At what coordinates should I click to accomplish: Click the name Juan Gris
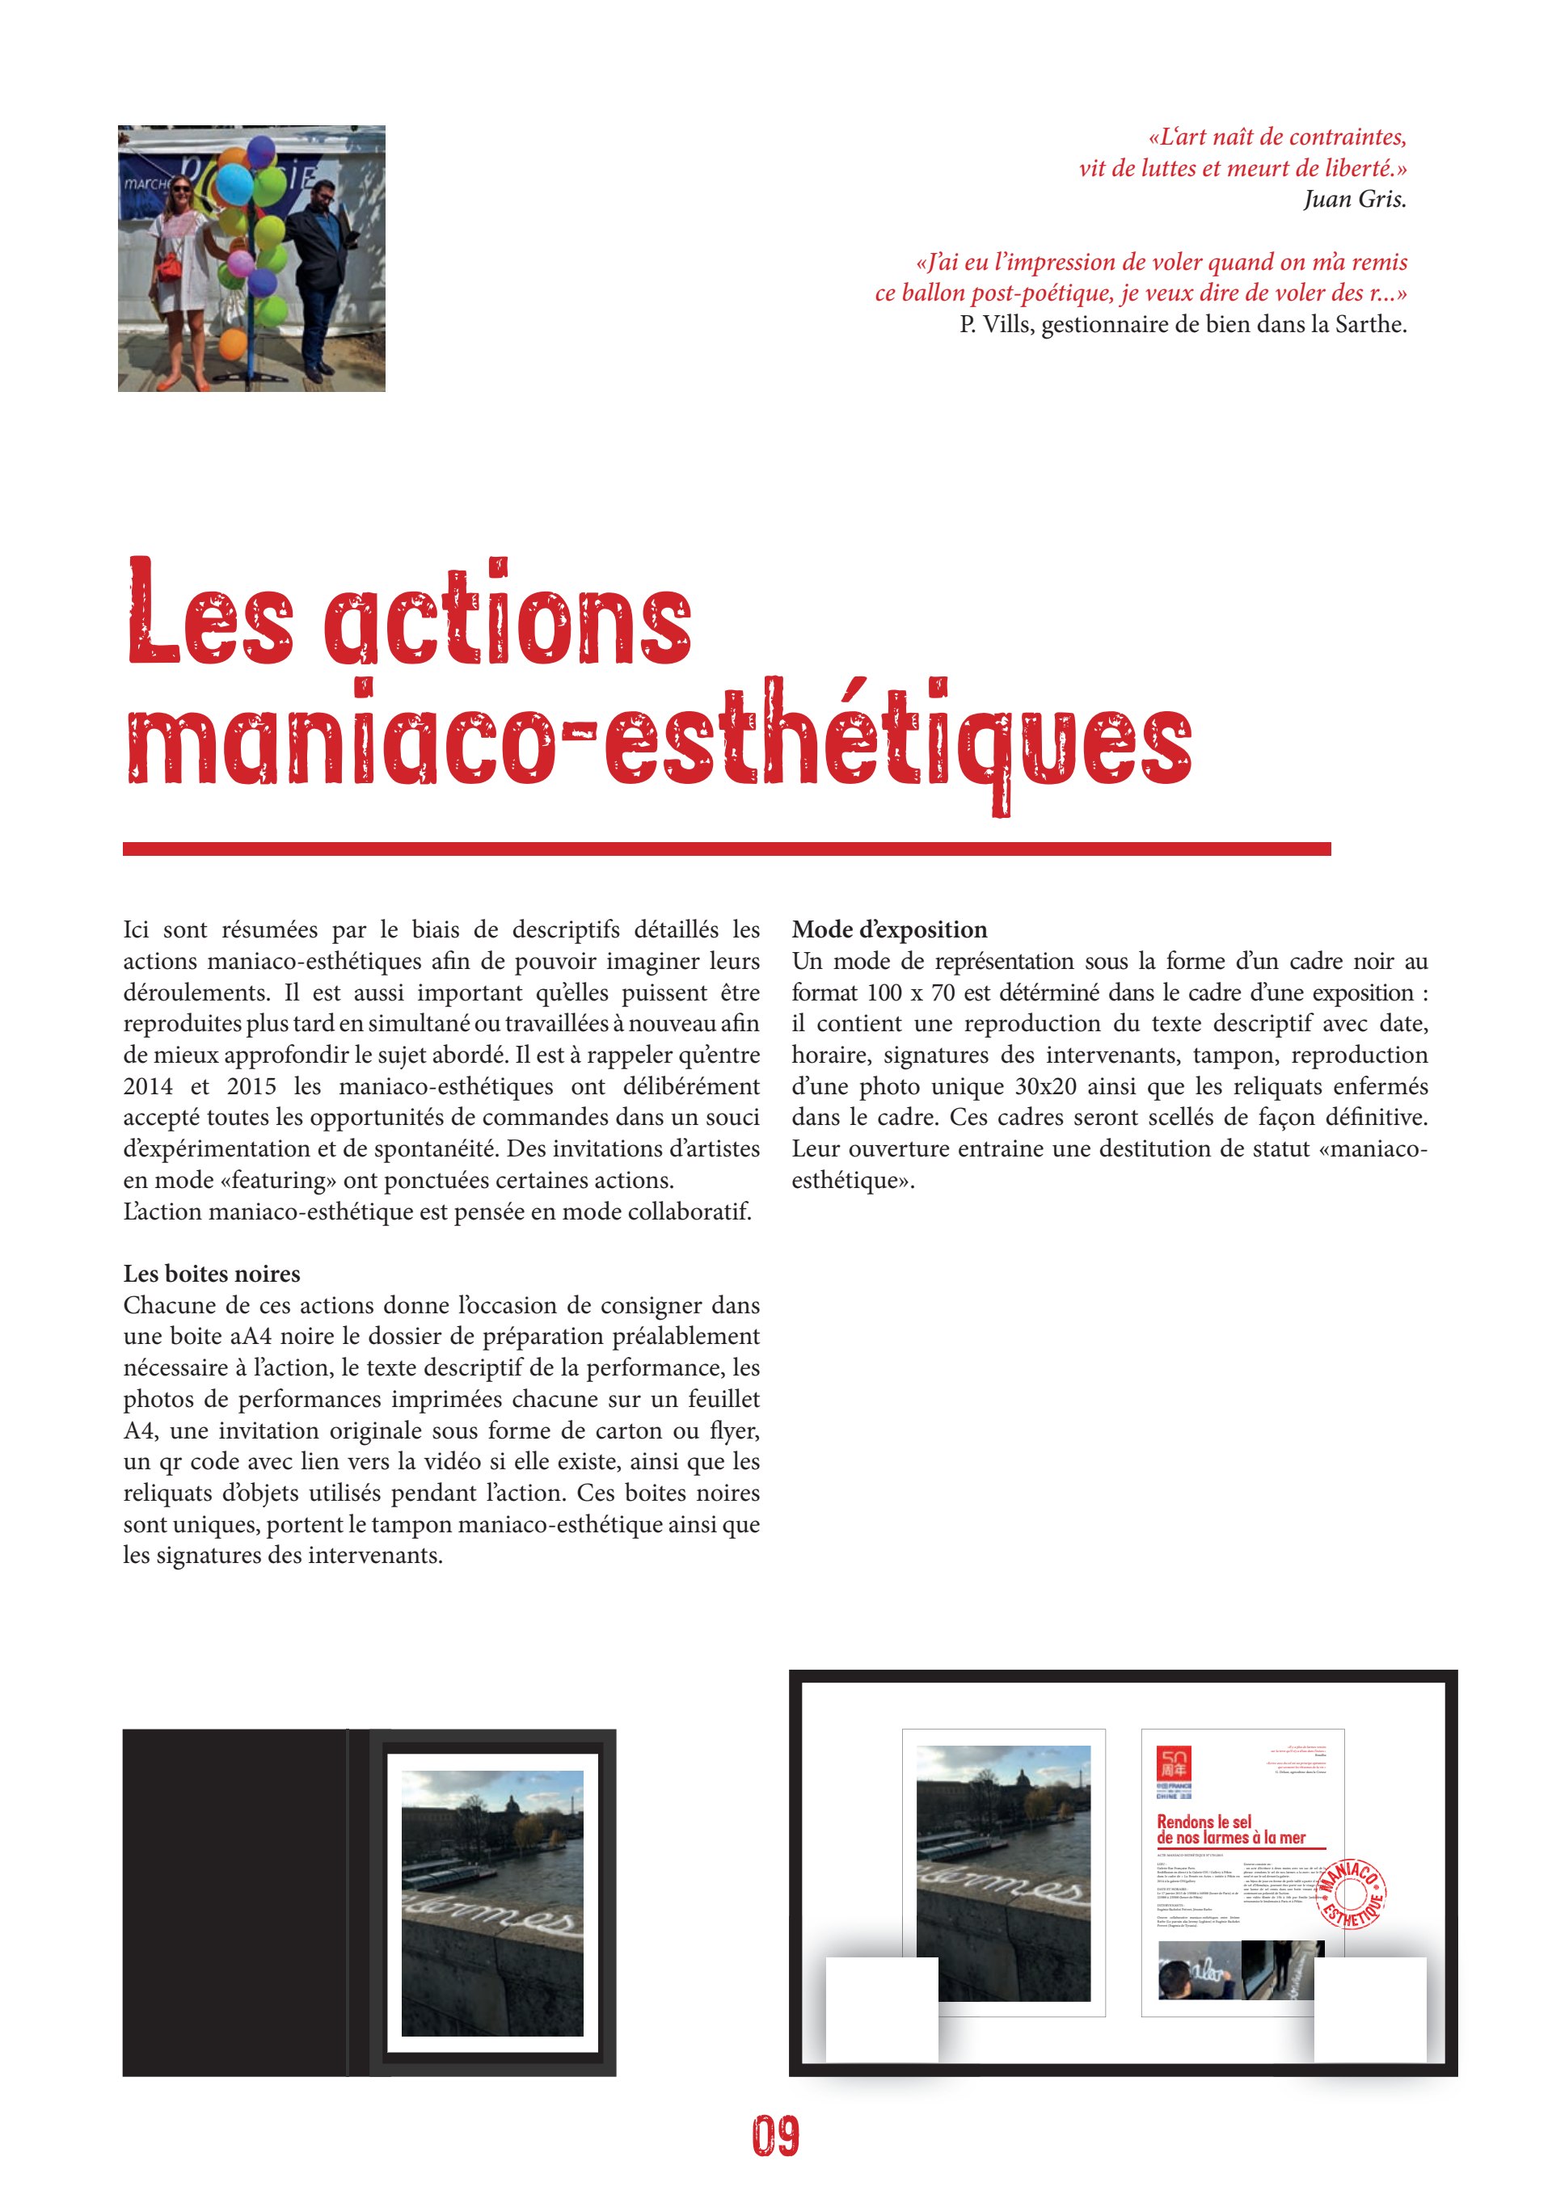pos(1354,199)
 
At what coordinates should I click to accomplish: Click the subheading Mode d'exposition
pos(889,929)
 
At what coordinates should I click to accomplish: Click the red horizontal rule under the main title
pos(727,849)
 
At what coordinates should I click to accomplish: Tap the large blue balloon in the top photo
pos(234,183)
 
